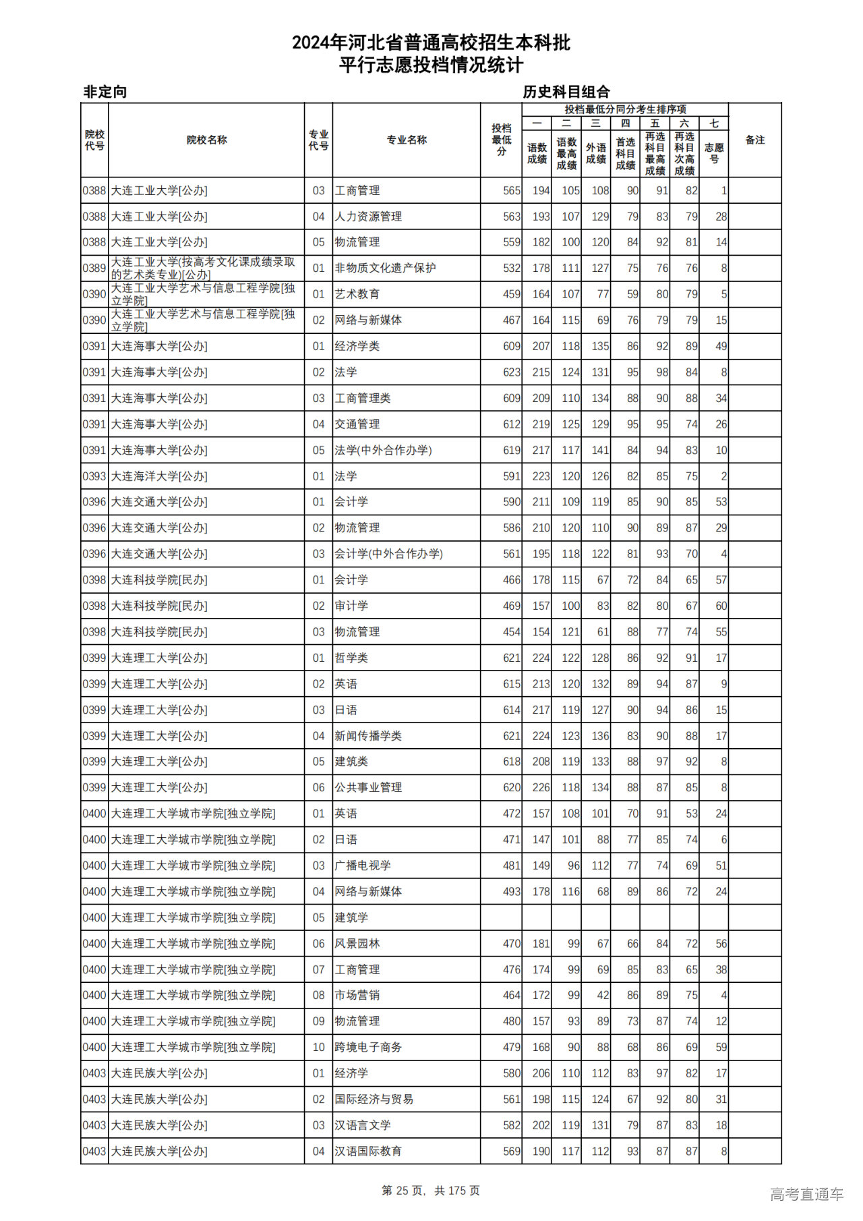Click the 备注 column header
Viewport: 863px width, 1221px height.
(754, 140)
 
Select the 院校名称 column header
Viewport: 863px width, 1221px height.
(206, 140)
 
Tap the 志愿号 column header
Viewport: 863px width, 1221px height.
(713, 153)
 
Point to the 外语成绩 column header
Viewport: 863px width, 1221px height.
(595, 153)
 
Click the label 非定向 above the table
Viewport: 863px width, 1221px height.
(105, 92)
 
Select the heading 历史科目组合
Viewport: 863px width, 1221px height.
(566, 92)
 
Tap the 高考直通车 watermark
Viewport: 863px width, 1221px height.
(806, 1194)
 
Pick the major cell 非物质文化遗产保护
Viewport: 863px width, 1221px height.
(385, 268)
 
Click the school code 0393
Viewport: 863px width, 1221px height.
(94, 476)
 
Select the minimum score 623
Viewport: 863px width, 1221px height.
(511, 372)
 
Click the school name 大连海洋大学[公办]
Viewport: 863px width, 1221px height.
(159, 476)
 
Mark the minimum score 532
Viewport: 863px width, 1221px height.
(511, 268)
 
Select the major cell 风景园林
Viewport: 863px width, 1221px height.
(357, 944)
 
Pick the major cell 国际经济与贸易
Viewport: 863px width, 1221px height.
(374, 1100)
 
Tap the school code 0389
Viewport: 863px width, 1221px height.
(94, 268)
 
